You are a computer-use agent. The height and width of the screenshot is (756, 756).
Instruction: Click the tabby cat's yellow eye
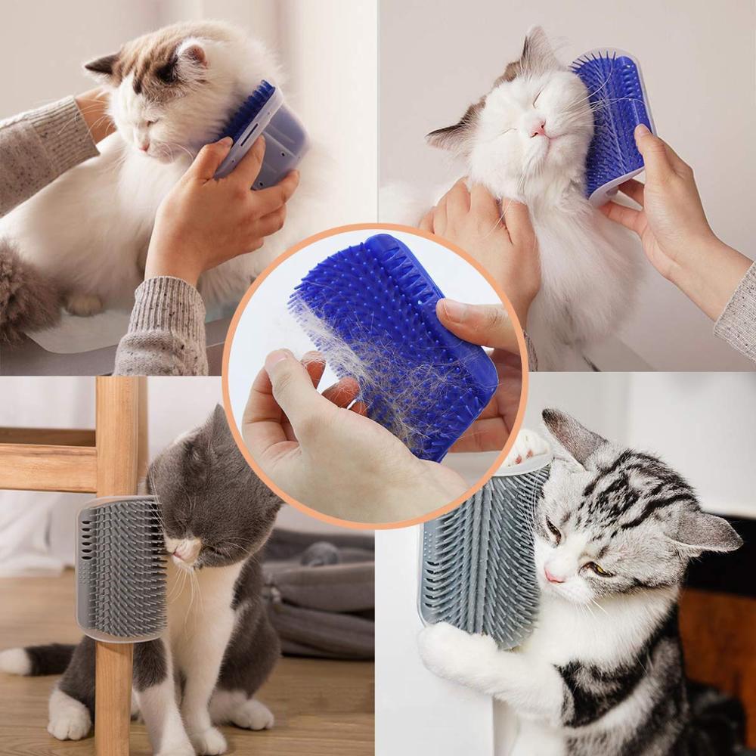(x=599, y=568)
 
